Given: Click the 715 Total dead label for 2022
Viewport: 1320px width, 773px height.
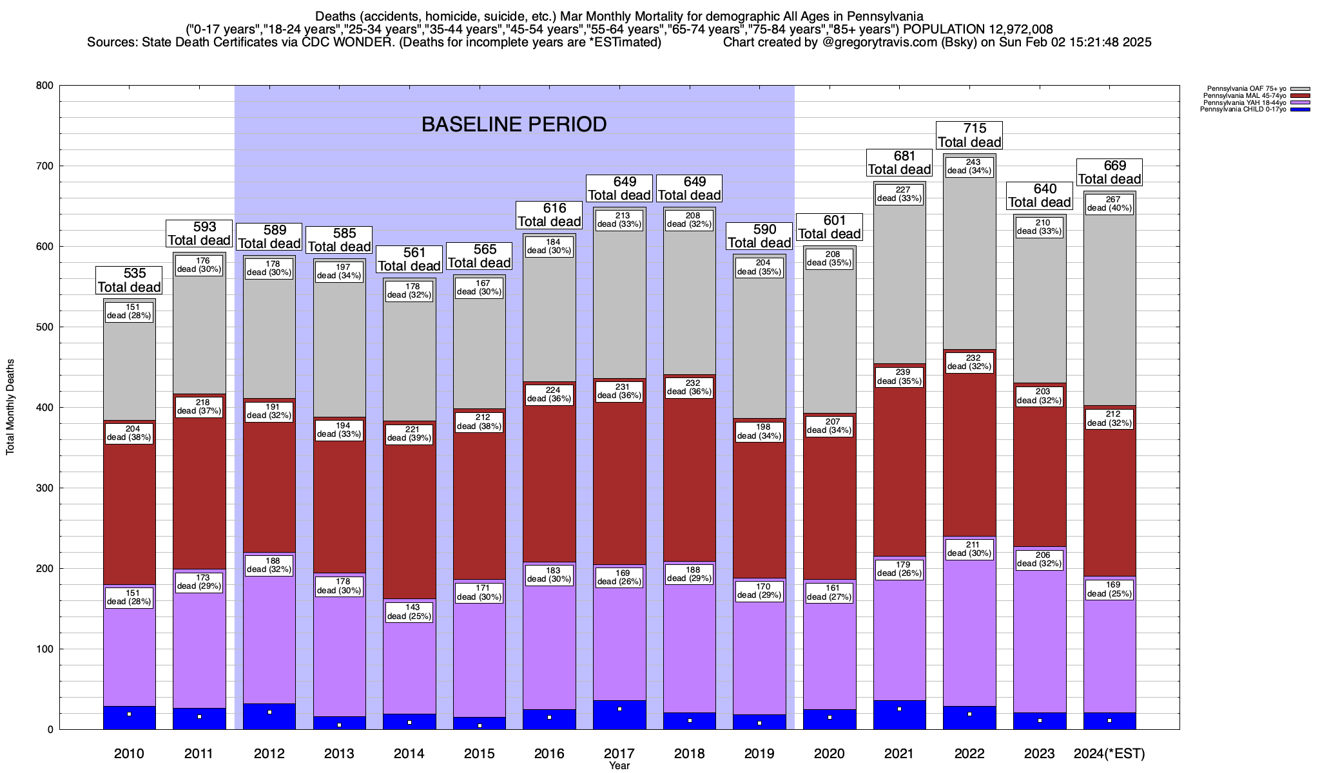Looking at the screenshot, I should tap(969, 135).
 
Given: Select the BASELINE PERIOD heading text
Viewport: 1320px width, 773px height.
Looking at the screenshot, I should tap(514, 124).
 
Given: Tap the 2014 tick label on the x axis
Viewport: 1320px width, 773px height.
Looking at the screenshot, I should tap(409, 754).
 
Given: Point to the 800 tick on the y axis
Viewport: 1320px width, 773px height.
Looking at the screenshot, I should tap(44, 86).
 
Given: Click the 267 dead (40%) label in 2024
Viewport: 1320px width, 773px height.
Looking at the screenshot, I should tap(1109, 204).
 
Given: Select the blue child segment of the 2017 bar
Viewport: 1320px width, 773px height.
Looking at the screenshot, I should tap(619, 715).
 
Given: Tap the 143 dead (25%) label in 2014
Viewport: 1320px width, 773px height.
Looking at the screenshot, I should tap(409, 612).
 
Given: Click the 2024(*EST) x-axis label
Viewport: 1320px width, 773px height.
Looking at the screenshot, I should tap(1109, 754).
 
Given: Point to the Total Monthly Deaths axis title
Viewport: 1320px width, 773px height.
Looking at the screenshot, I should tap(10, 407).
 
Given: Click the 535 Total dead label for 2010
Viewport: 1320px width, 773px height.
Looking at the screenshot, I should tap(129, 280).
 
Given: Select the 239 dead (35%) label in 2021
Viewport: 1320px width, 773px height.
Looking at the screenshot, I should tap(899, 377).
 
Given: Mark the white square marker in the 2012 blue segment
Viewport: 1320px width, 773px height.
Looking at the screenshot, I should tap(269, 712).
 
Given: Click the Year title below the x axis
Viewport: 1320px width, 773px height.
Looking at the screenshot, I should tap(619, 766).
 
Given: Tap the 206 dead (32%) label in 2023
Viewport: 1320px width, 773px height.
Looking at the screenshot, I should tap(1039, 559).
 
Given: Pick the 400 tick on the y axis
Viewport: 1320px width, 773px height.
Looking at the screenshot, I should tap(44, 408).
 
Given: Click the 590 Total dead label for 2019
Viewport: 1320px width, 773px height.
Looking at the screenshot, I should tap(759, 236).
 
